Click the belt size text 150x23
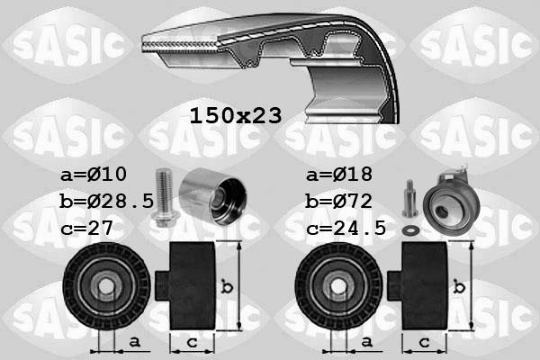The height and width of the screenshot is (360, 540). pyautogui.click(x=236, y=115)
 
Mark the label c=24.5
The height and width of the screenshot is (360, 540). pyautogui.click(x=346, y=228)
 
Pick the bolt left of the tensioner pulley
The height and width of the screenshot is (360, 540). pyautogui.click(x=409, y=198)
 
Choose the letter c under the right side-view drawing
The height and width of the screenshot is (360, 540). pyautogui.click(x=423, y=341)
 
